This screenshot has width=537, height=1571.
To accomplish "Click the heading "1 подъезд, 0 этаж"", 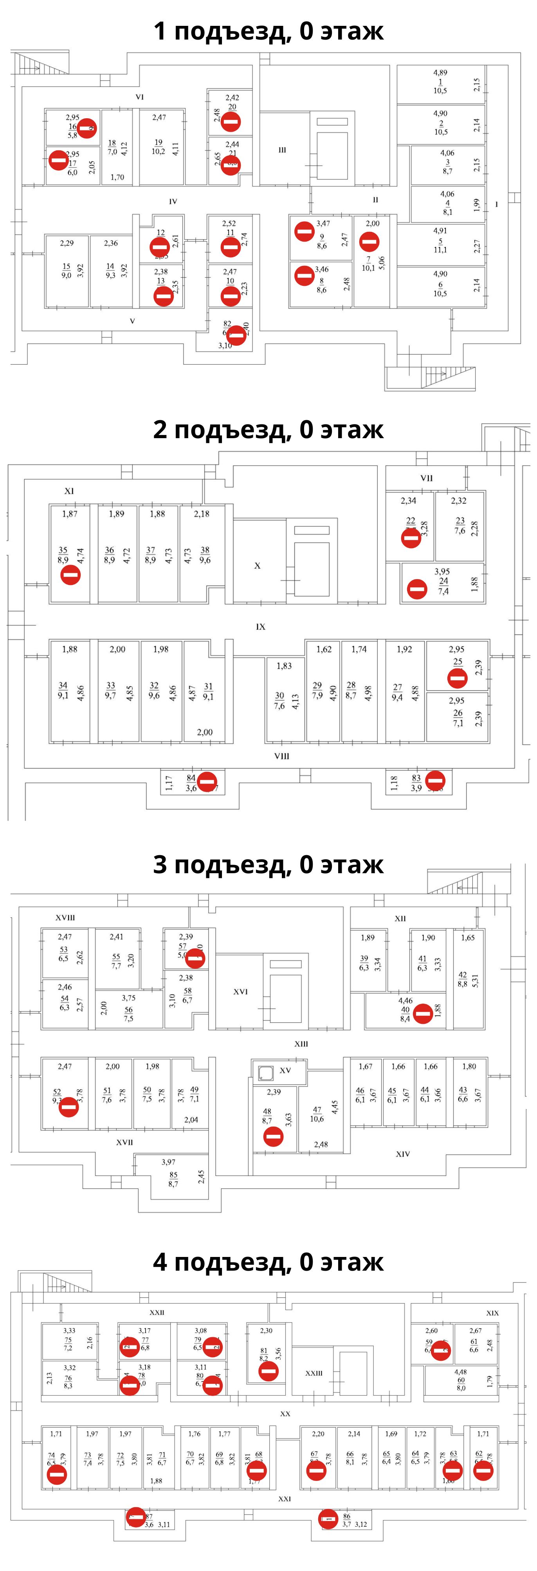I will tap(268, 31).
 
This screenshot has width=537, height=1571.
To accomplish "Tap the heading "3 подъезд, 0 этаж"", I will tap(268, 864).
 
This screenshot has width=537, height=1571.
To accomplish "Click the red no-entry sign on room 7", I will tap(369, 242).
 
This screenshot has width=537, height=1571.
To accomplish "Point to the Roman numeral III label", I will tap(282, 150).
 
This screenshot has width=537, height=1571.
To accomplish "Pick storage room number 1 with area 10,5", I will tap(440, 82).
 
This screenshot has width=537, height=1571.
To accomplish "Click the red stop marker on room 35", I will tap(71, 574).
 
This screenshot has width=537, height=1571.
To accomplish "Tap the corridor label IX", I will tap(261, 627).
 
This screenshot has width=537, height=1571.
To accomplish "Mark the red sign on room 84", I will tap(207, 781).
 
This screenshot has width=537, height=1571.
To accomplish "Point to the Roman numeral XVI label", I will tap(241, 991).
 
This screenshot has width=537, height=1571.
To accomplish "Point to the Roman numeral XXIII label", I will tap(314, 1373).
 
